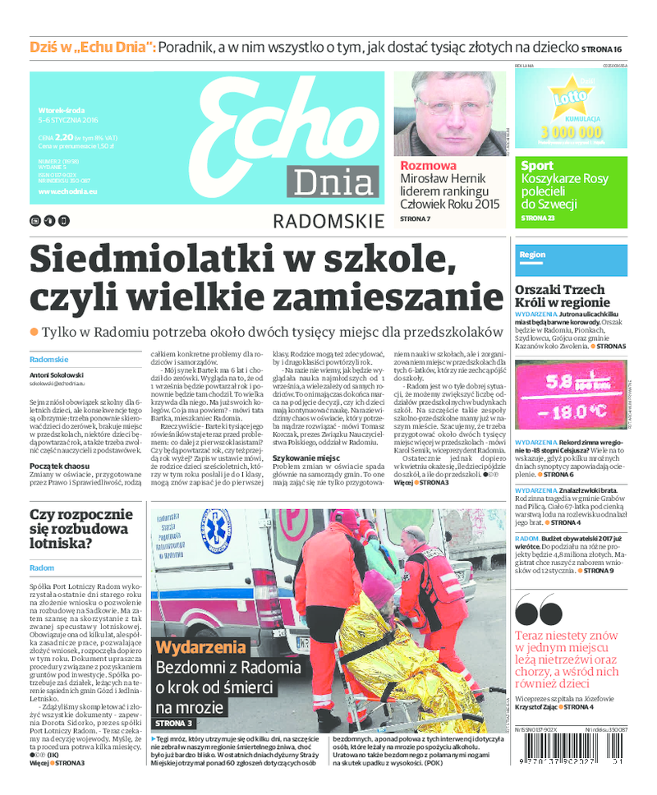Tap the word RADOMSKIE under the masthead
pyautogui.click(x=328, y=220)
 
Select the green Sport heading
pyautogui.click(x=537, y=166)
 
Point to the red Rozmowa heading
pyautogui.click(x=428, y=164)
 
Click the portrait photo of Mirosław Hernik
pyautogui.click(x=449, y=113)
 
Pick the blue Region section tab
pyautogui.click(x=532, y=255)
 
